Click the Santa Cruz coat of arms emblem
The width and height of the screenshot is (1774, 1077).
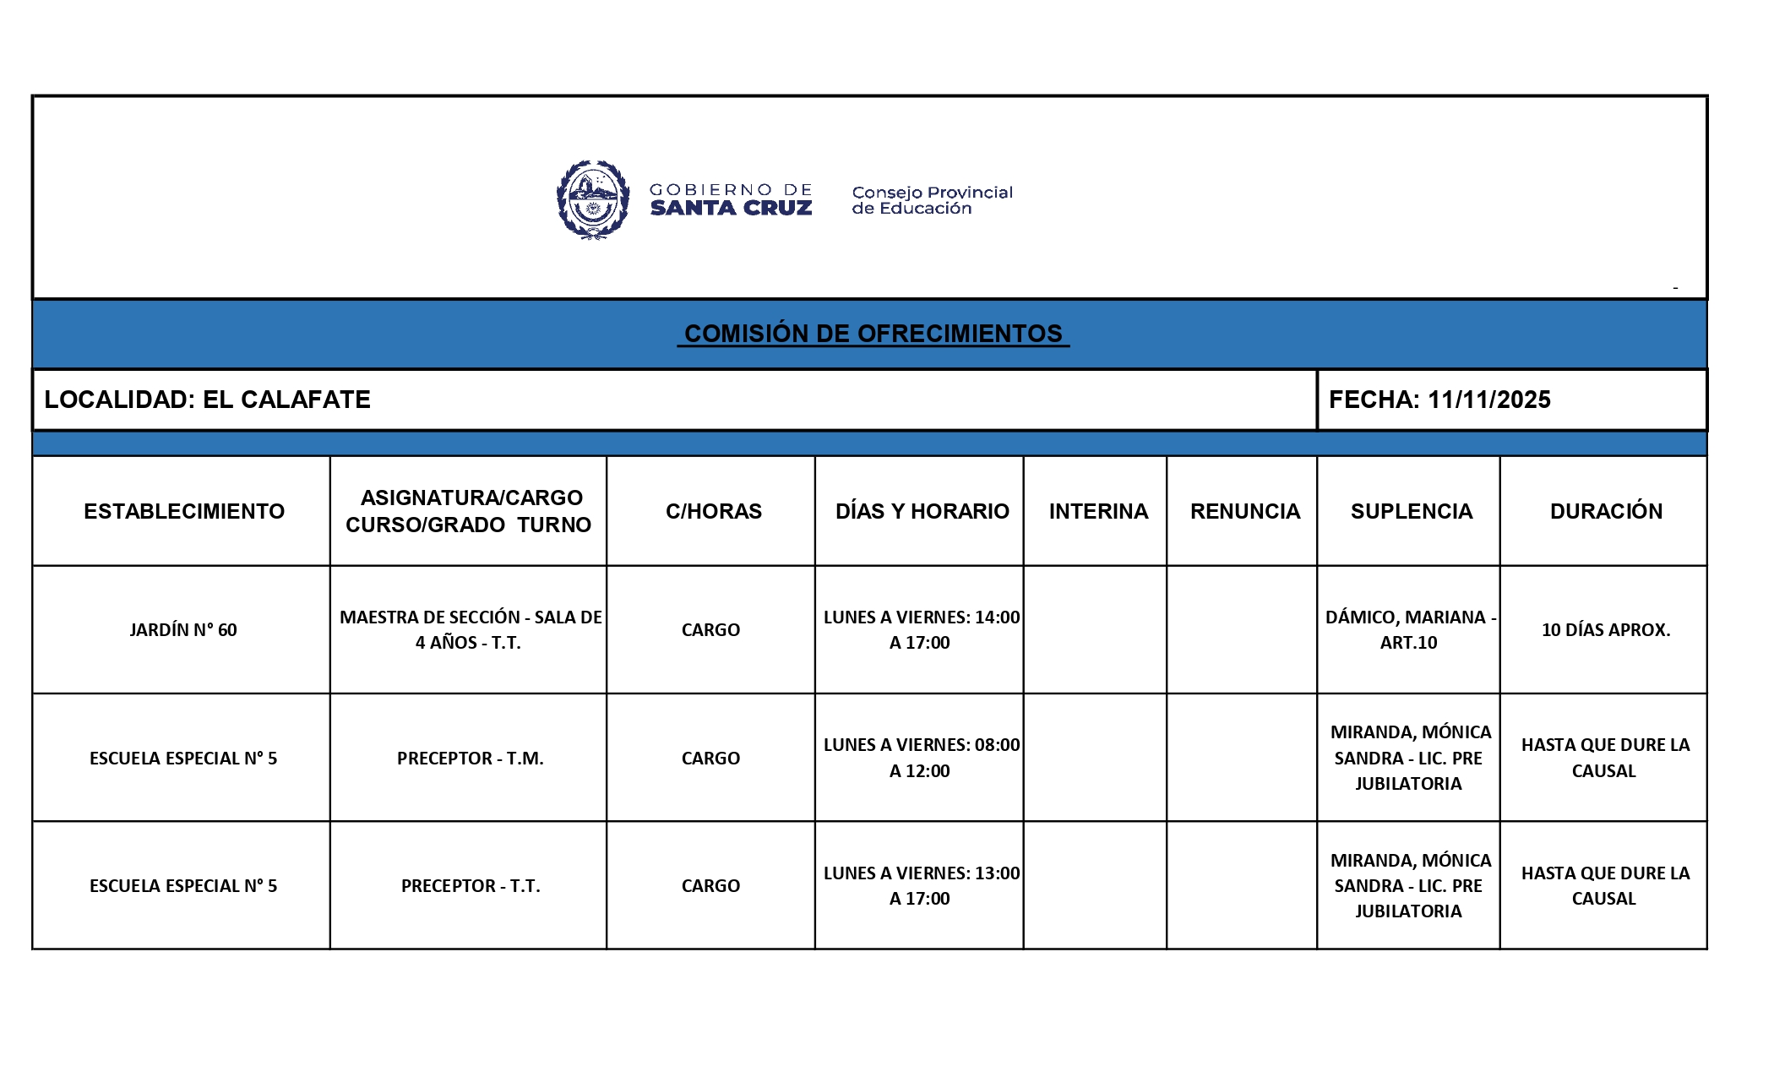[593, 200]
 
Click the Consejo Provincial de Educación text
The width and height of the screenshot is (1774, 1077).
[931, 200]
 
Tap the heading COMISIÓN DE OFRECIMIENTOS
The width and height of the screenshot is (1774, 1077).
[873, 334]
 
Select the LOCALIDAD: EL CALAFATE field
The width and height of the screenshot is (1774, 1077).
[207, 400]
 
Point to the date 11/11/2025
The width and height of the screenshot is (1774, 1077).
[1488, 400]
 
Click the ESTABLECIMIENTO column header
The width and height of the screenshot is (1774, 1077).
[183, 511]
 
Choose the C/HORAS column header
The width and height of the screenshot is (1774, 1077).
[713, 511]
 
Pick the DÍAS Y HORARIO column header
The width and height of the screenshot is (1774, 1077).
[922, 511]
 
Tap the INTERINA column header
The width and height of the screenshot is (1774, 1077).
[1098, 511]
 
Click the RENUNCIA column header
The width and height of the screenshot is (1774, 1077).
[1244, 511]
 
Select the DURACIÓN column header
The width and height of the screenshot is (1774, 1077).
[1605, 511]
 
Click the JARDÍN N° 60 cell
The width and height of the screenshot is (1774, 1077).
[182, 630]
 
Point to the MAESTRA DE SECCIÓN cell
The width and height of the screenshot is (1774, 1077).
[470, 630]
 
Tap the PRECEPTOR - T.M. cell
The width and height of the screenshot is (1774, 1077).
[470, 759]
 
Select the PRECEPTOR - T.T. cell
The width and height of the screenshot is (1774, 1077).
[470, 886]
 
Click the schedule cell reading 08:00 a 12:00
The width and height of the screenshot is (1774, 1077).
[921, 758]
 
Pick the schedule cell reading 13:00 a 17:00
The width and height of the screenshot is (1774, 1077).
[921, 886]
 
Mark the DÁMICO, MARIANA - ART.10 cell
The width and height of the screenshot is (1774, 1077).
[1409, 630]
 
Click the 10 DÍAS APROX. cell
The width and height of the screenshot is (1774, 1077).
[1605, 630]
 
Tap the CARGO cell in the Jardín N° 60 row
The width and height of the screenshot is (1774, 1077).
[710, 630]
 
